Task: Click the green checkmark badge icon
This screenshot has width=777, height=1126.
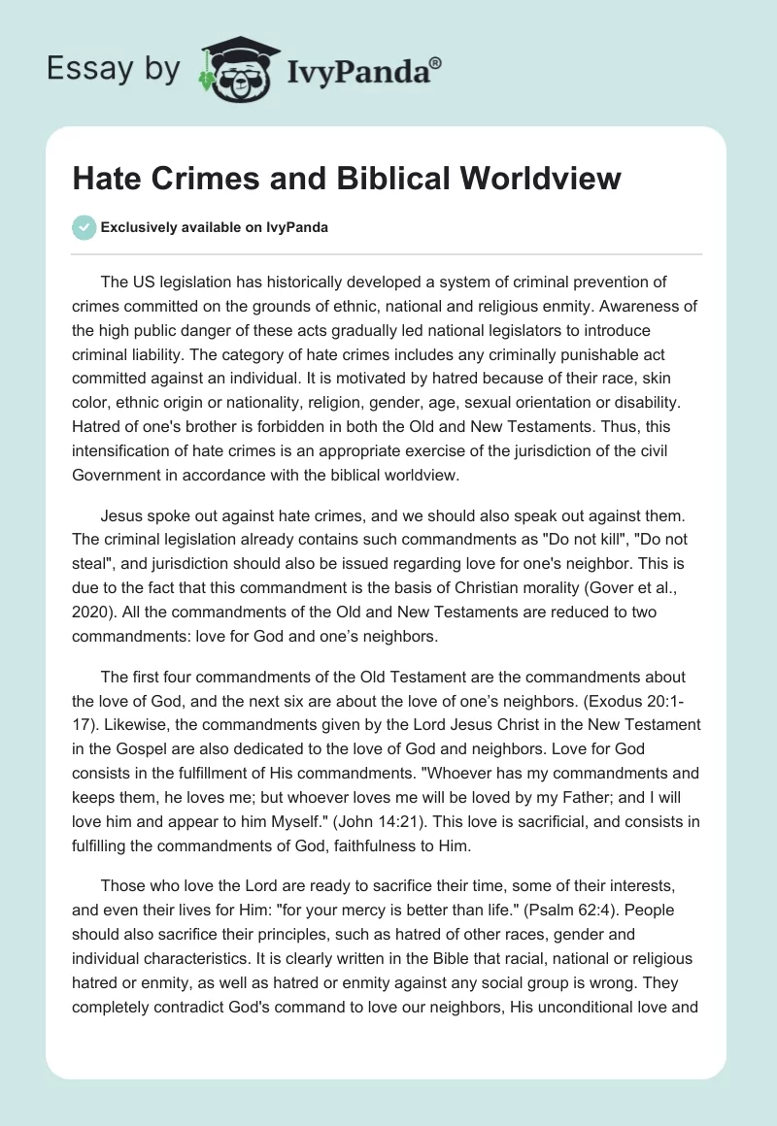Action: coord(84,227)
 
